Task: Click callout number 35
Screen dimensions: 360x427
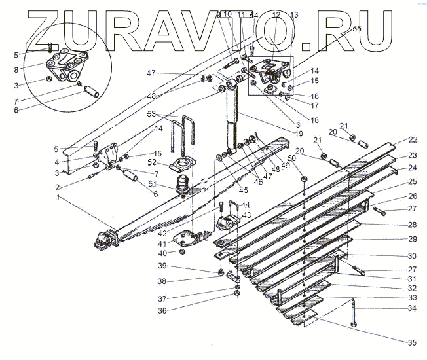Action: (x=411, y=342)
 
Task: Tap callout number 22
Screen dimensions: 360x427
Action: (x=412, y=139)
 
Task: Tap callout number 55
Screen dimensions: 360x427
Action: (x=356, y=29)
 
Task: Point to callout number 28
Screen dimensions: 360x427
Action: (x=412, y=225)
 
